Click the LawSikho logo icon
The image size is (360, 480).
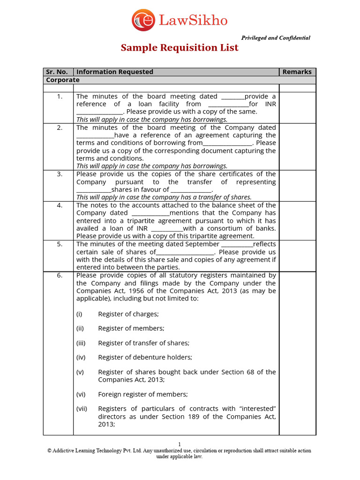143,20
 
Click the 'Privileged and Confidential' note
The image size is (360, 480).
275,38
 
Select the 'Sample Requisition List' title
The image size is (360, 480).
180,48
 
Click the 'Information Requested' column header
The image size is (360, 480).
115,72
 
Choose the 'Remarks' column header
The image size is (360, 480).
297,72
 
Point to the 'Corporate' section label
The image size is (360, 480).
62,80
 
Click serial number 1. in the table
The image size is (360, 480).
60,97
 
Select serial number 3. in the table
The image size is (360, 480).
60,174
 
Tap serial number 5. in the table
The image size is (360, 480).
60,244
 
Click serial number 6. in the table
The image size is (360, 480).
60,275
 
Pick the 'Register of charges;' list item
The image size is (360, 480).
128,314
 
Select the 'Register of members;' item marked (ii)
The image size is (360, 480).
131,329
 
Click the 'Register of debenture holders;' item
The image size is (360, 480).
145,357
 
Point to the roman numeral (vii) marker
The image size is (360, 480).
82,409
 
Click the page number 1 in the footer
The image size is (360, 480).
179,444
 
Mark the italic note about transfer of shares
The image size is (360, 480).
164,197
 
